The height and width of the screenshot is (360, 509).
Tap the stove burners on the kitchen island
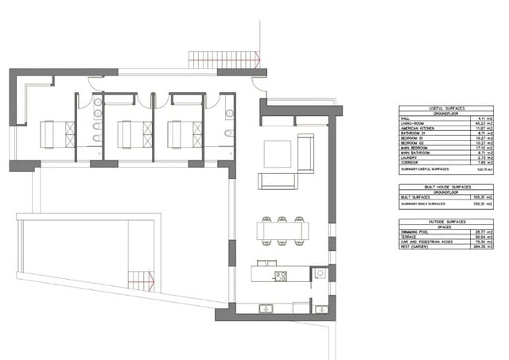[x=280, y=277]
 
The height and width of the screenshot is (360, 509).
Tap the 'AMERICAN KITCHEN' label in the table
[x=418, y=128]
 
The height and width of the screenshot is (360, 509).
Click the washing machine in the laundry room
[x=320, y=273]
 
